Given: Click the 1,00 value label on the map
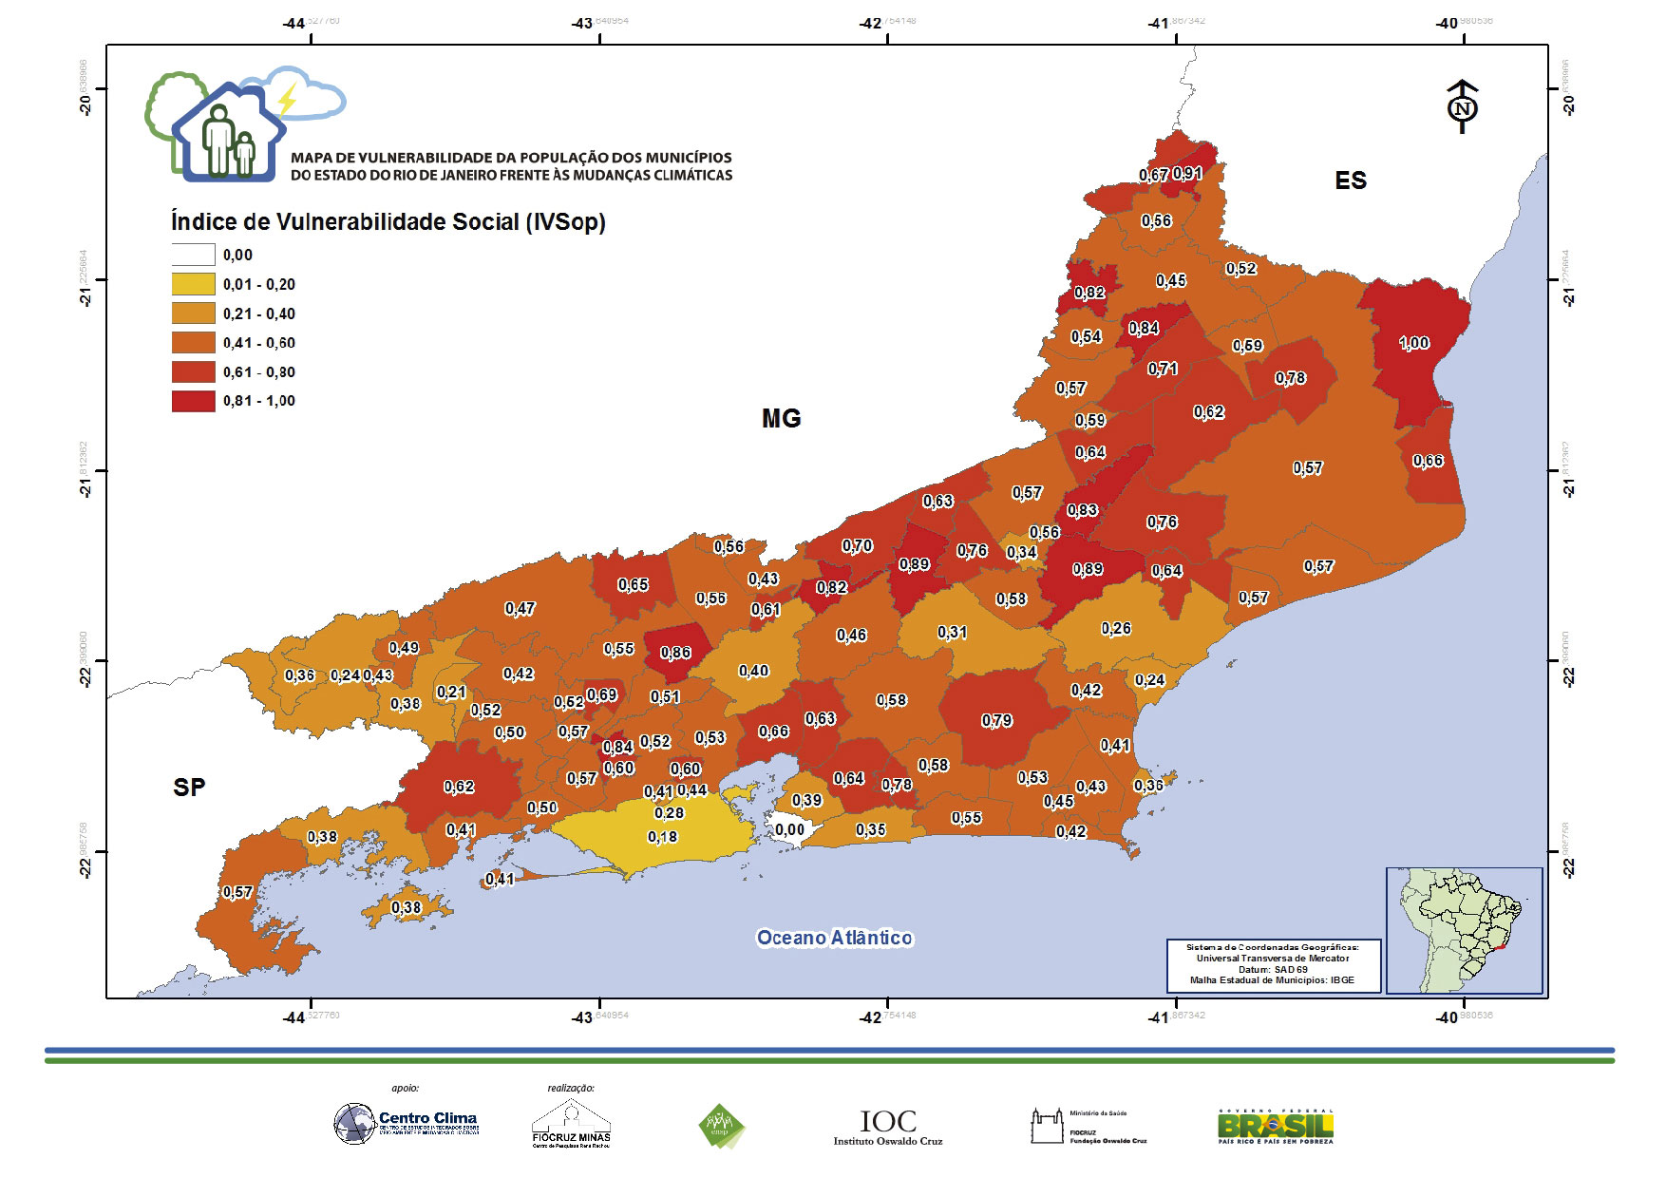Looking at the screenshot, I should coord(1413,343).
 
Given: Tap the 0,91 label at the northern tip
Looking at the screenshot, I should coord(1187,174).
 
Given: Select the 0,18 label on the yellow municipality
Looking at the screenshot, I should coord(662,837).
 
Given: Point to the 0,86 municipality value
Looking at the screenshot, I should coord(675,653).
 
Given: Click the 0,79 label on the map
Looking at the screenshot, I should coord(996,721).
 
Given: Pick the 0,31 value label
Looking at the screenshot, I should coord(952,633).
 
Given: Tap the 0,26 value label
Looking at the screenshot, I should coord(1116,629).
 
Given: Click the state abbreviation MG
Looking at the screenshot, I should coord(781,418).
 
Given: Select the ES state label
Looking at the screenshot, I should coord(1350,180).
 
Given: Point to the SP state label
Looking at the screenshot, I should coord(189,787).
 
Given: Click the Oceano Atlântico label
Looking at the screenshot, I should coord(834,938).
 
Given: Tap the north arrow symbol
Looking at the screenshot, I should coord(1462,107).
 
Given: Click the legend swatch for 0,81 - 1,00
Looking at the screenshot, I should coord(193,401).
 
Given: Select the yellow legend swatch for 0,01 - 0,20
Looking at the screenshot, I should coord(193,284).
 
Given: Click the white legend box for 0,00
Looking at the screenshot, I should coord(193,255).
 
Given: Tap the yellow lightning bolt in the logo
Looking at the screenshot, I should coord(286,98).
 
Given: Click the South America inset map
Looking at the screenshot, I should coord(1463,930).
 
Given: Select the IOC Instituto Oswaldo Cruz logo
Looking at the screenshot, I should coord(888,1127).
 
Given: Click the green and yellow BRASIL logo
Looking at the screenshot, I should coord(1276,1127).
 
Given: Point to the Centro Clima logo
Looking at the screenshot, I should coord(407,1123).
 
